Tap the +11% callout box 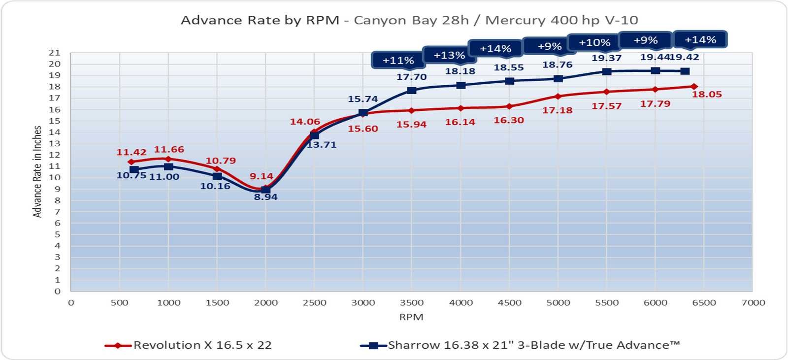pos(398,61)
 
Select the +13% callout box pos(449,55)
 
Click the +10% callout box pos(594,43)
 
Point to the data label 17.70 pos(411,77)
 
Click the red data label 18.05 pos(707,95)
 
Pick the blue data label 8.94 pos(266,197)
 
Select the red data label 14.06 pos(305,122)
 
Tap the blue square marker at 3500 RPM pos(412,91)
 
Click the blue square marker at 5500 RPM pos(607,72)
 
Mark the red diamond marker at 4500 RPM pos(509,106)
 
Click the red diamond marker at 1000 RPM pos(168,159)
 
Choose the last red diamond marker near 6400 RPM pos(694,87)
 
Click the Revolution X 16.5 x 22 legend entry pos(189,345)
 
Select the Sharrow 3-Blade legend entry pos(521,345)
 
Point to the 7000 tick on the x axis pos(753,303)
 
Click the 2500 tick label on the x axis pos(314,303)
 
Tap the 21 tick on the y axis pos(55,53)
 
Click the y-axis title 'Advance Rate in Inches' pos(37,171)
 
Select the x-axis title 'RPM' pos(411,317)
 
